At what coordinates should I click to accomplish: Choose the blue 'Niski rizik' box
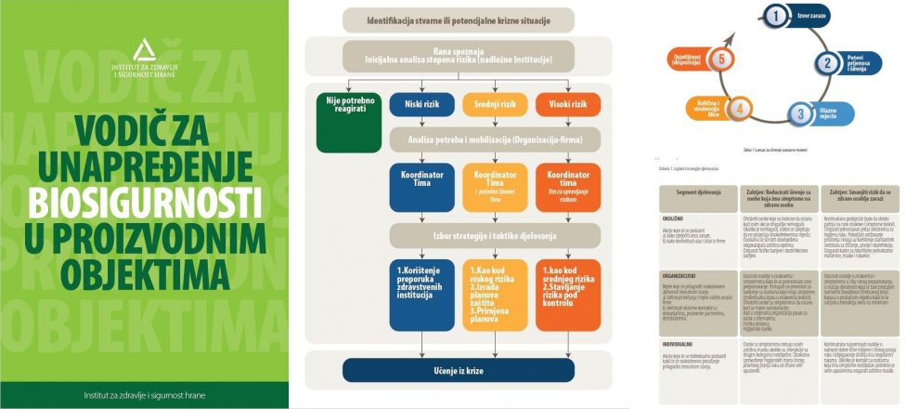coord(421,104)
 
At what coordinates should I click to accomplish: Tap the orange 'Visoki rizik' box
coord(567,104)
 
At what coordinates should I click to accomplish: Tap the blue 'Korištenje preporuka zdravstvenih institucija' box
coord(421,296)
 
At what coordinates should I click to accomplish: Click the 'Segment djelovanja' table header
coord(692,192)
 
